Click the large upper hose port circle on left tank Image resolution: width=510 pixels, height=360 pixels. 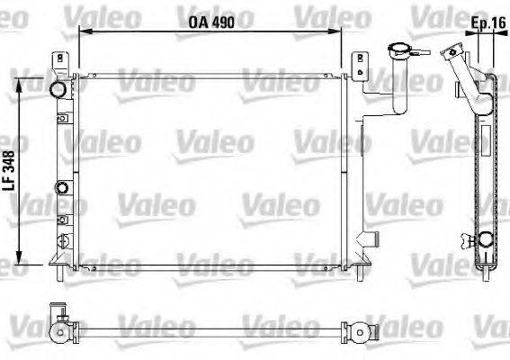click(x=58, y=91)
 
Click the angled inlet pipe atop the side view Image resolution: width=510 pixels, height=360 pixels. click(x=458, y=68)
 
